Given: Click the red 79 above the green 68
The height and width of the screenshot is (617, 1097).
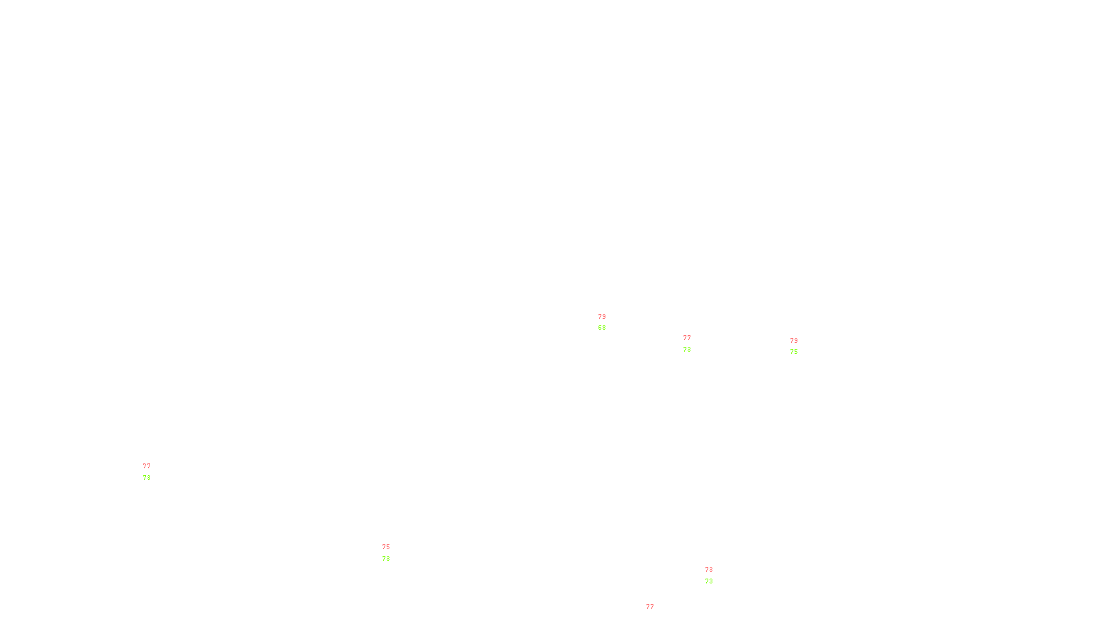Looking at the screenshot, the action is pos(602,317).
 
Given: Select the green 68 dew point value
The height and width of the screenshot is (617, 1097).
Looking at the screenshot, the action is pos(602,328).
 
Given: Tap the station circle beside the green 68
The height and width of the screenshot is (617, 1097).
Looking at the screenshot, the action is pos(608,322).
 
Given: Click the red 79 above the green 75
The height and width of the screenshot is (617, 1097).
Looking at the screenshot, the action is pos(794,341).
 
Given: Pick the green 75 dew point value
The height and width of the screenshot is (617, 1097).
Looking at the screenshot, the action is pos(794,352).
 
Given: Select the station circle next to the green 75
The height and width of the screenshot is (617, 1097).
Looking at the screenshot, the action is pos(800,346).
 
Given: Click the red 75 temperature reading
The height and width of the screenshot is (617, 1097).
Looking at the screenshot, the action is pos(386,547).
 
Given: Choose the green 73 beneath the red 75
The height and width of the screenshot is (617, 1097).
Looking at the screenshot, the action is pos(386,559).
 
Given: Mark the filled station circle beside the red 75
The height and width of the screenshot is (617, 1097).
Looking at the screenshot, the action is pos(393,553).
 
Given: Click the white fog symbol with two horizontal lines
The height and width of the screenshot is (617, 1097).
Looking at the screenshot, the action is pos(147,472).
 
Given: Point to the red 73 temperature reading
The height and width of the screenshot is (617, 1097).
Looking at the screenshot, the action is pos(709,570).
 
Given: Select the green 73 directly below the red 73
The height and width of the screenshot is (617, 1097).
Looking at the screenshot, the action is pos(709,581).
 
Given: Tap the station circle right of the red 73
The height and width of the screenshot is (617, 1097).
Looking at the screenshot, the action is pos(716,575).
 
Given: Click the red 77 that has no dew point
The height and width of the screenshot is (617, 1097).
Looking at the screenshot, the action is pos(650,607).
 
